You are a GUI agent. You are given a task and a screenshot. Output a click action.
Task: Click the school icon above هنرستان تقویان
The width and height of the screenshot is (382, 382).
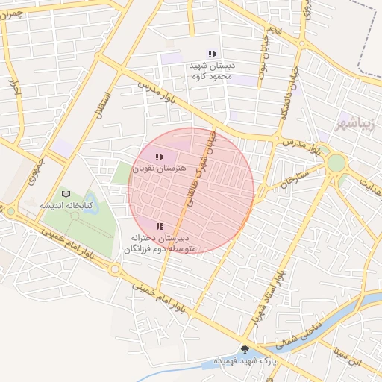pos(158,157)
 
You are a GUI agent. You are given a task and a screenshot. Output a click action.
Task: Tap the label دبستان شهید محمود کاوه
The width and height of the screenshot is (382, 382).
pos(213,70)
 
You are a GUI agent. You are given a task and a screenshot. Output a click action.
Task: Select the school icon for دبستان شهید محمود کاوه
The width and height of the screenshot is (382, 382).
pos(213,54)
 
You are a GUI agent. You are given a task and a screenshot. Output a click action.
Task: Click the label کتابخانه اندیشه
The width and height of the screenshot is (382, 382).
pos(66,205)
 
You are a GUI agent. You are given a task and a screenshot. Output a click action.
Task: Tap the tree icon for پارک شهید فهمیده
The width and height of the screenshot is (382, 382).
pos(245,349)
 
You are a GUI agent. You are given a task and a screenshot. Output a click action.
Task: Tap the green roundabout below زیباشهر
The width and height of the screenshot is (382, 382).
pos(336,163)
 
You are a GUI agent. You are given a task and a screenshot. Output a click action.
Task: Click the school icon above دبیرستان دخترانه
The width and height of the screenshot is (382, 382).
pos(158,225)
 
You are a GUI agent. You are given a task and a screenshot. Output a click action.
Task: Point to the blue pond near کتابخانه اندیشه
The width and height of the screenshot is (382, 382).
pos(92,203)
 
